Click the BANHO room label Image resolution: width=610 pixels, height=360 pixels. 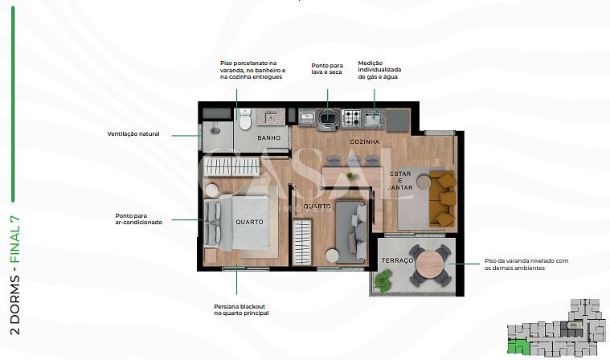pos(268,137)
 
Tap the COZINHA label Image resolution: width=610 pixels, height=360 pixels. pos(365,142)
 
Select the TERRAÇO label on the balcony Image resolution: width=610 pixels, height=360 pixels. pos(397,260)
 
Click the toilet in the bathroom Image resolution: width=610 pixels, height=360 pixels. pos(244,120)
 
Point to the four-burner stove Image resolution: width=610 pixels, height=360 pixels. pos(351,118)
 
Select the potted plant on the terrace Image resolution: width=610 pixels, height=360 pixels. pos(383,280)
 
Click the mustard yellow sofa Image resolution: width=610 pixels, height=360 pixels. pos(442,198)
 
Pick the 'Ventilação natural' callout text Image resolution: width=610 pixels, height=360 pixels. pos(133,133)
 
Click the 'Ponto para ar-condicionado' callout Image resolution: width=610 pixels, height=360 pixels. pos(139,219)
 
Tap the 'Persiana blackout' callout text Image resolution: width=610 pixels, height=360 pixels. pos(241,310)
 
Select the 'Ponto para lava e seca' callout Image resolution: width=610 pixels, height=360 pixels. pos(327,69)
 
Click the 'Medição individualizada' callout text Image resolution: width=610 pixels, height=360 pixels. pos(379,70)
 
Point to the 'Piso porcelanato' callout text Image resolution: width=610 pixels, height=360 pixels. pos(253,70)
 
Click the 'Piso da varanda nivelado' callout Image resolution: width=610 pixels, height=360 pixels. pos(526,264)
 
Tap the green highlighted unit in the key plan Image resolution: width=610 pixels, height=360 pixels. pos(518,346)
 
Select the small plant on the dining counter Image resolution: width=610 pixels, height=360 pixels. pos(352,177)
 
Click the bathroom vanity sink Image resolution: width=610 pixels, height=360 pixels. pos(272,117)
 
